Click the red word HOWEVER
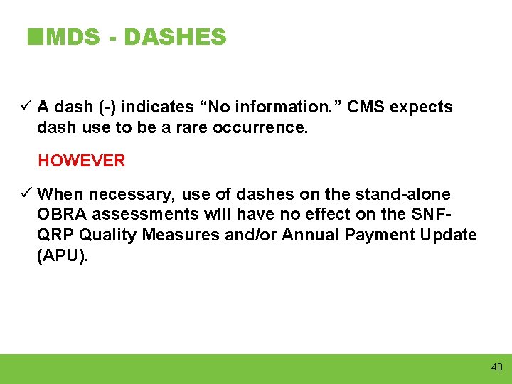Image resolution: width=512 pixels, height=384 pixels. coord(82,161)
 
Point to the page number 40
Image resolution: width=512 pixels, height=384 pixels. coord(496,367)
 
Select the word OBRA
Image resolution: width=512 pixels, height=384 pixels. coord(63,215)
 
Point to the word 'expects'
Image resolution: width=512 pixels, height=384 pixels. coord(422,107)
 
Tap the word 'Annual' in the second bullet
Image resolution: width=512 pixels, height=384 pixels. coord(309,235)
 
